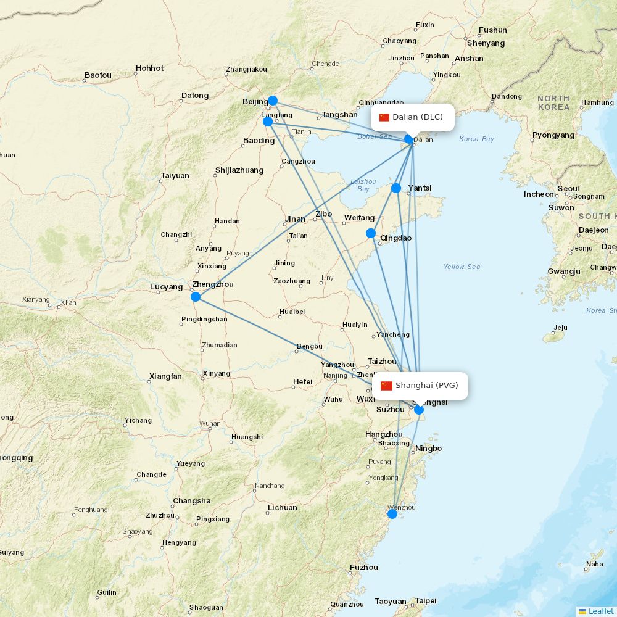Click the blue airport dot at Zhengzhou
pos(196,297)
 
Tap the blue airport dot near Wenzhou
pos(392,513)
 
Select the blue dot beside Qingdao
pos(371,233)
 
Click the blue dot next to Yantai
pos(396,188)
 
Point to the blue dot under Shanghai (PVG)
pos(419,410)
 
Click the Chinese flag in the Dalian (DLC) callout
pos(385,117)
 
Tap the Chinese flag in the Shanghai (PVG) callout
pos(386,386)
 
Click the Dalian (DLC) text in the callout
pos(418,117)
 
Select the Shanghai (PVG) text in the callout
pos(427,386)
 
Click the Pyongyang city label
pos(553,135)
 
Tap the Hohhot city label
pos(149,68)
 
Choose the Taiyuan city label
pos(175,176)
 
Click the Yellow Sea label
pos(462,267)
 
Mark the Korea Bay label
pos(476,139)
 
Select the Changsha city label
pos(191,501)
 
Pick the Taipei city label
pos(425,601)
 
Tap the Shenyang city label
pos(486,43)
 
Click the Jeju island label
pos(560,328)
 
